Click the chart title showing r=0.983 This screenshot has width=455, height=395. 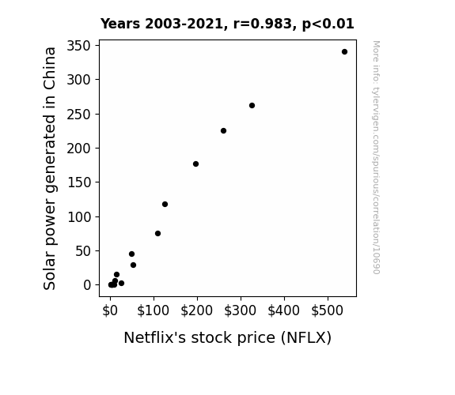pos(227,24)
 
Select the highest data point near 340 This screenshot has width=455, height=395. pos(344,52)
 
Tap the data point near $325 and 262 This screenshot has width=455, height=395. pos(252,106)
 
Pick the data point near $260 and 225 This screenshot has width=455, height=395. pos(223,130)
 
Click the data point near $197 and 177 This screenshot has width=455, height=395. pos(196,164)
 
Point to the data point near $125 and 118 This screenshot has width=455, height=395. pos(165,205)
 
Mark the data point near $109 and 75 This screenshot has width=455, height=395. pos(157,234)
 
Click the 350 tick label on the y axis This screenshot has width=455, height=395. pos(78,46)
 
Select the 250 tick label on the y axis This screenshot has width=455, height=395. pos(78,115)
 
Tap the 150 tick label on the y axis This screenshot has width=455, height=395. pos(79,182)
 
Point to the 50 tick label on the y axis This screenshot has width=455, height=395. pos(83,251)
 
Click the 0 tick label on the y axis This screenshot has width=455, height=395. pos(87,285)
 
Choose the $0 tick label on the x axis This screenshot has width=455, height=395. pos(110,310)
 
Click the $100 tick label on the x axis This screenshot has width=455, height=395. pos(154,310)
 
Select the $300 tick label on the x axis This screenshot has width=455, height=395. pos(241,310)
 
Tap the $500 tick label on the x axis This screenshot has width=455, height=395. pos(328,310)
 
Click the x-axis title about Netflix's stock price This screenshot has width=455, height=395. pos(228,338)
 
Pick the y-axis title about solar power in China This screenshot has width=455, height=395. pos(50,168)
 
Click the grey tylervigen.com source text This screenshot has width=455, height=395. pos(376,157)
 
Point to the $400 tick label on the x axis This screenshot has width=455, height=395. pos(284,310)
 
